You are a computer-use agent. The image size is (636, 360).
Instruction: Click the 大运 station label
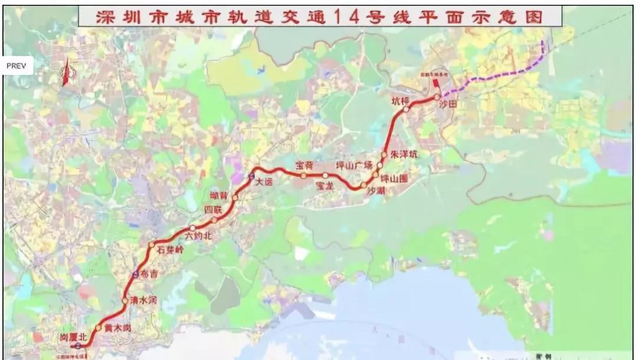(x=265, y=182)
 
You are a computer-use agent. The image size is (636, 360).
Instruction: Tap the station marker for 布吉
(x=135, y=274)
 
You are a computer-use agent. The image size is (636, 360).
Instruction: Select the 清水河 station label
(x=144, y=299)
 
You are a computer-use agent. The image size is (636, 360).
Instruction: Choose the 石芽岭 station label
(x=171, y=250)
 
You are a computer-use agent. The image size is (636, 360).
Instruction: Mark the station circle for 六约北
(x=192, y=228)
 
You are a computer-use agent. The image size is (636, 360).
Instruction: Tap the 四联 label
(x=213, y=209)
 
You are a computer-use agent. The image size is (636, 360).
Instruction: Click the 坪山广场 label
(x=354, y=164)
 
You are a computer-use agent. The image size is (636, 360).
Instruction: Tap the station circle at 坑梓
(x=406, y=109)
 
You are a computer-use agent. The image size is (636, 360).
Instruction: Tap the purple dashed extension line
(x=501, y=75)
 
